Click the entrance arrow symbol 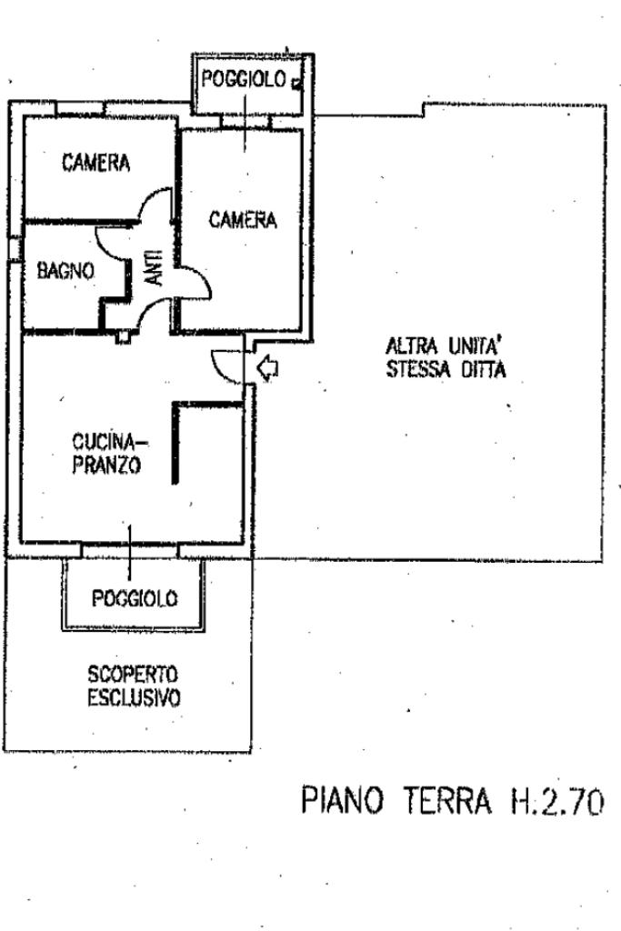pyautogui.click(x=268, y=368)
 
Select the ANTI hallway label pyautogui.click(x=155, y=269)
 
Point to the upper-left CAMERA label pyautogui.click(x=96, y=164)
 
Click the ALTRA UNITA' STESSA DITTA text pyautogui.click(x=445, y=358)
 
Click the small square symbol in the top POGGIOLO pyautogui.click(x=296, y=82)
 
